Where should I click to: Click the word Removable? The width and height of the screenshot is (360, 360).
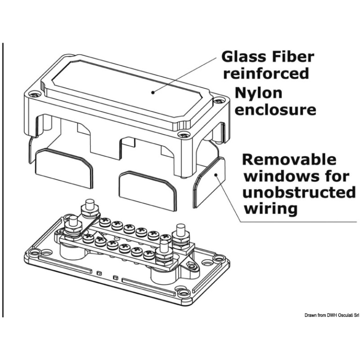tap(289, 159)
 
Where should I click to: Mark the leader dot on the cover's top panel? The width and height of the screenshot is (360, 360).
tap(153, 92)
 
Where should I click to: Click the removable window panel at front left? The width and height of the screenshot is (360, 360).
tap(64, 167)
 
